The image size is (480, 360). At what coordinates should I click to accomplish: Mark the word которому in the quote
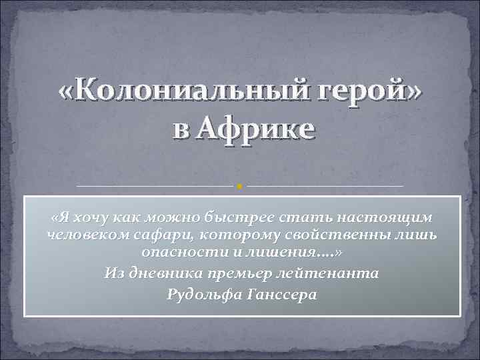coord(230,235)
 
